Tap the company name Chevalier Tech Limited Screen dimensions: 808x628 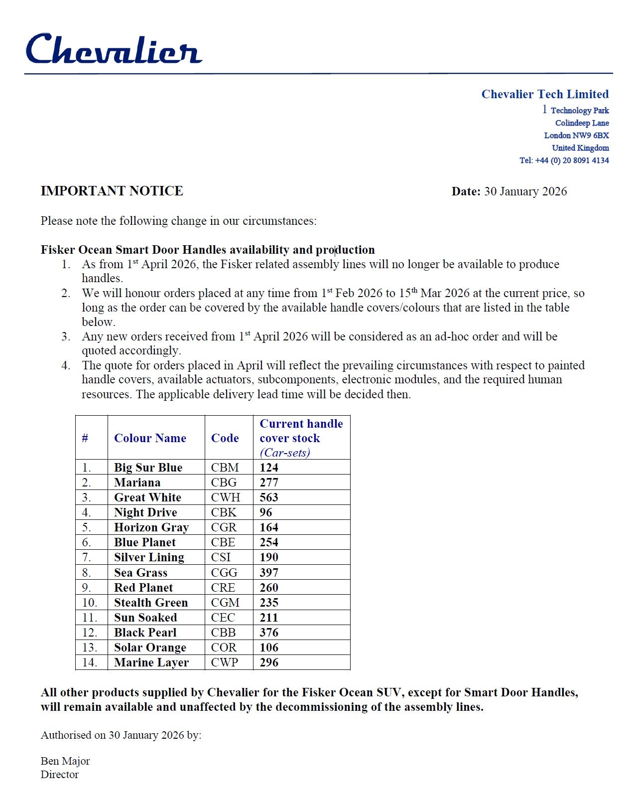tap(545, 94)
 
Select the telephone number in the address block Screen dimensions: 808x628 tap(564, 161)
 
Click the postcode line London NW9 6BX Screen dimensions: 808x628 tap(576, 136)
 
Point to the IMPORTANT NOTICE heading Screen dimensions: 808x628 tap(112, 191)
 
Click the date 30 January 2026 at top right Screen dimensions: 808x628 tap(525, 191)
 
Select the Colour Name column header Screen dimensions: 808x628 tap(150, 438)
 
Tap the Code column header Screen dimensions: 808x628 tap(225, 438)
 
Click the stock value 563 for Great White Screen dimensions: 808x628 tap(269, 497)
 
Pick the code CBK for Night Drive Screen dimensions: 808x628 tap(224, 512)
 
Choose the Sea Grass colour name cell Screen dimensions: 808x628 tap(140, 573)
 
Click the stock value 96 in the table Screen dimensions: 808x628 tap(266, 512)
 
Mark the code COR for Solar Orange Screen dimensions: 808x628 tap(224, 647)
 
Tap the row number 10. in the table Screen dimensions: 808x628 tap(90, 603)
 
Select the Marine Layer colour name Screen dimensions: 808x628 tap(151, 662)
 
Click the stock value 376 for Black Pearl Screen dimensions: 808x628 tap(269, 633)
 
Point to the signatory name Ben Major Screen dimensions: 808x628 tap(65, 761)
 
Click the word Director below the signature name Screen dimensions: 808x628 tap(60, 775)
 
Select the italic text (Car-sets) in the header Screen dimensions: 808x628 tap(285, 453)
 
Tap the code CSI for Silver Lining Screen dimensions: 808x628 tap(221, 557)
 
